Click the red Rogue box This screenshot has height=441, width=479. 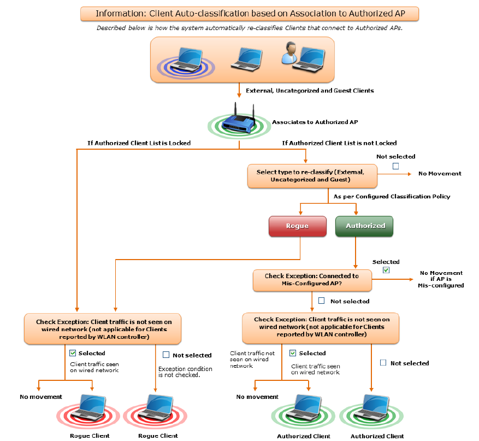297,226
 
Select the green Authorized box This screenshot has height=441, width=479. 364,226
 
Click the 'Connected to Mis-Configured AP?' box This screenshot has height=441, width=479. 312,280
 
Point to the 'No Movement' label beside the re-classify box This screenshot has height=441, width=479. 440,174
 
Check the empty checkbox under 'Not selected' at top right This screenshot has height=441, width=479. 396,166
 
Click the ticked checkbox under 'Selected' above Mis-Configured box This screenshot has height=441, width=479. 386,271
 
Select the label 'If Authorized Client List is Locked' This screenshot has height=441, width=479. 139,143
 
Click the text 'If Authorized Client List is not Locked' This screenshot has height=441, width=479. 339,143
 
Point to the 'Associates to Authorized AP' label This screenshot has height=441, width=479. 311,122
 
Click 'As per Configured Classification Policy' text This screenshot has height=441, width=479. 392,196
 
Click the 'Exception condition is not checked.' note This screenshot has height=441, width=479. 185,372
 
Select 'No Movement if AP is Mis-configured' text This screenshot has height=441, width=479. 441,279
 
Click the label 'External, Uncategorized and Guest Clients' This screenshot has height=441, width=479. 310,91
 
